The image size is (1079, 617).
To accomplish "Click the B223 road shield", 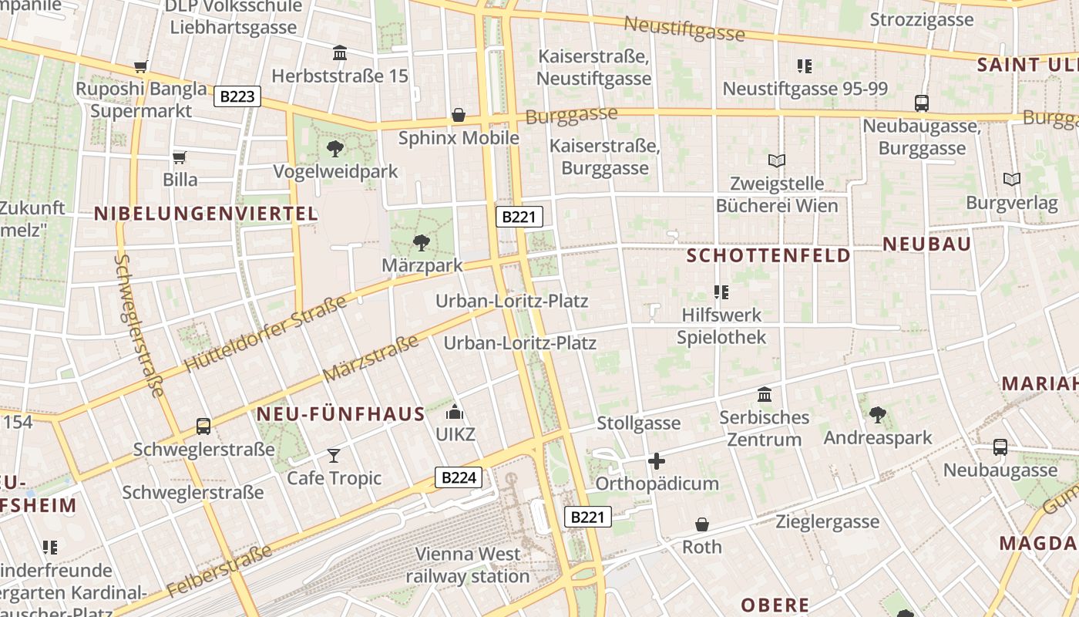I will [237, 96].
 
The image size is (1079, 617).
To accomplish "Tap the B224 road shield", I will [458, 477].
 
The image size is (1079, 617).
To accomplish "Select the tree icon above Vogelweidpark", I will [335, 148].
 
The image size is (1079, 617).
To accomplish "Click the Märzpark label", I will [422, 265].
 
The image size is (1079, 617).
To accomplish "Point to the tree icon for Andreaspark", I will [877, 415].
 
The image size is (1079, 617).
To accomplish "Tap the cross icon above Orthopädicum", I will [657, 461].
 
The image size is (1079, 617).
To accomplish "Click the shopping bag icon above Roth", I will [702, 524].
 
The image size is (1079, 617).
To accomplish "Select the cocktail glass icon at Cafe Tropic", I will [334, 456].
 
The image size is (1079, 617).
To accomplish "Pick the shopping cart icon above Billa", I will [180, 157].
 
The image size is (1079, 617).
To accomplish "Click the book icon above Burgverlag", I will [1012, 180].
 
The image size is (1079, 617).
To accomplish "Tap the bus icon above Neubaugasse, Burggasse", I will [921, 103].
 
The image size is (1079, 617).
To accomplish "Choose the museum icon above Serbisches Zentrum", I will [765, 395].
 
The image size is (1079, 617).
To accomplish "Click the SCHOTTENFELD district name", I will [768, 255].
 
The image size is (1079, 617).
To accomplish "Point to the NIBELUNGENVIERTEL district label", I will [206, 214].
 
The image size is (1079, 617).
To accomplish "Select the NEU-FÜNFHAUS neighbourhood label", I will [340, 414].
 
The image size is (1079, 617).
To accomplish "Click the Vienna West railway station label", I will [468, 565].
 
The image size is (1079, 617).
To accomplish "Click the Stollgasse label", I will [639, 423].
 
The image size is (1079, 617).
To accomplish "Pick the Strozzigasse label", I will [922, 20].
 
